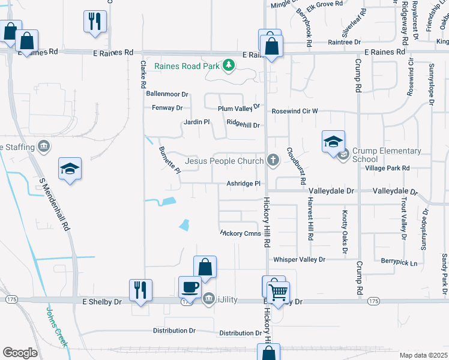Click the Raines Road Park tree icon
pyautogui.click(x=228, y=65)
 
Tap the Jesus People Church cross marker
pyautogui.click(x=273, y=160)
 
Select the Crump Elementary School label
pyautogui.click(x=387, y=155)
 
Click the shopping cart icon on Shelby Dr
pyautogui.click(x=278, y=293)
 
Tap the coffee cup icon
pyautogui.click(x=190, y=287)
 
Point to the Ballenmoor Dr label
pyautogui.click(x=167, y=94)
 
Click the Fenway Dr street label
pyautogui.click(x=168, y=108)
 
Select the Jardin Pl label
pyautogui.click(x=197, y=122)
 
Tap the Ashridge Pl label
pyautogui.click(x=243, y=184)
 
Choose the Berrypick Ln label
pyautogui.click(x=399, y=261)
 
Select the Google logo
pyautogui.click(x=20, y=353)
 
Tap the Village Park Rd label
pyautogui.click(x=387, y=169)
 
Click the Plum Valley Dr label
pyautogui.click(x=238, y=108)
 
